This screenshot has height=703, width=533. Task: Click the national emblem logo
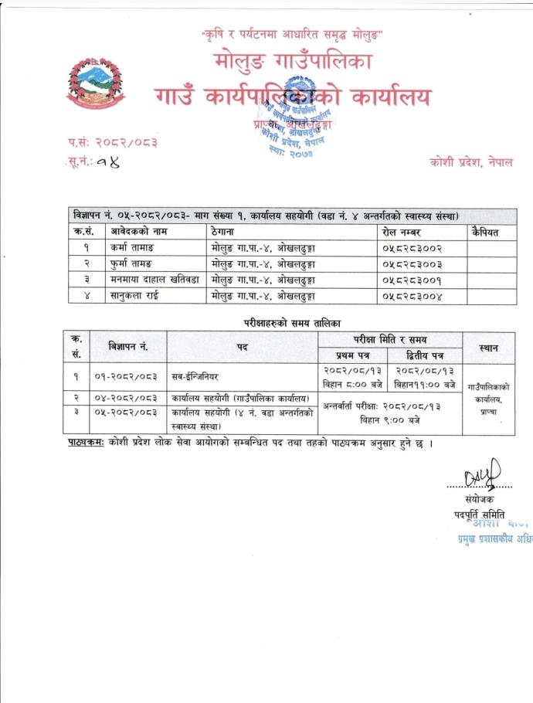94,83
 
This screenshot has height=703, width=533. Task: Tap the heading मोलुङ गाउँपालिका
290,63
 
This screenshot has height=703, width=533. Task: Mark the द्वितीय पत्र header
426,355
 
